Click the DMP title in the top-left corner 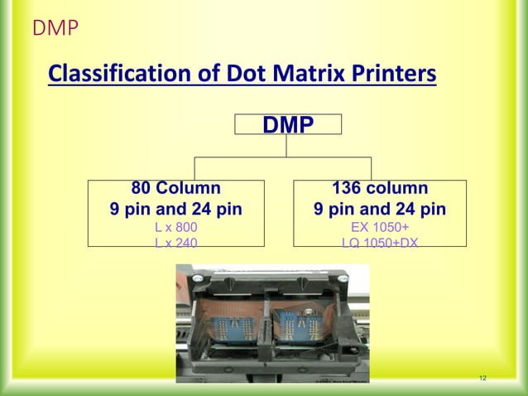point(55,29)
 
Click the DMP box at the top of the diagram point(287,125)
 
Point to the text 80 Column point(176,188)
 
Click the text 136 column point(380,188)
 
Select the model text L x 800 point(176,225)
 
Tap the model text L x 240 point(176,241)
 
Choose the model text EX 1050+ point(380,225)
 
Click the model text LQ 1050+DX point(380,241)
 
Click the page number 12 point(483,379)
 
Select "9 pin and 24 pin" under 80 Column point(176,208)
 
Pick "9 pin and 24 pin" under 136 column point(380,208)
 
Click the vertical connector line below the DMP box point(287,145)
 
